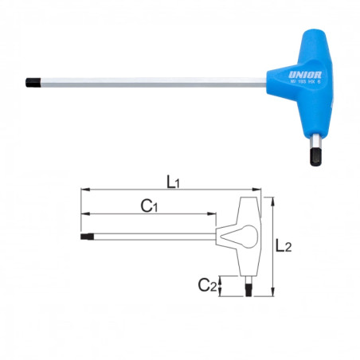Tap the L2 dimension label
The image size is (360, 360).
pyautogui.click(x=283, y=247)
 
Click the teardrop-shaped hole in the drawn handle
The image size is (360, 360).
pyautogui.click(x=243, y=236)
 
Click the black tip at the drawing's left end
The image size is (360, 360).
pyautogui.click(x=84, y=236)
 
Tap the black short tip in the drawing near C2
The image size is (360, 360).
pyautogui.click(x=250, y=290)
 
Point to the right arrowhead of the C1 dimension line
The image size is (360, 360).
pyautogui.click(x=213, y=213)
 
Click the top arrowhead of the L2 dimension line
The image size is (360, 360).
pyautogui.click(x=272, y=200)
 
